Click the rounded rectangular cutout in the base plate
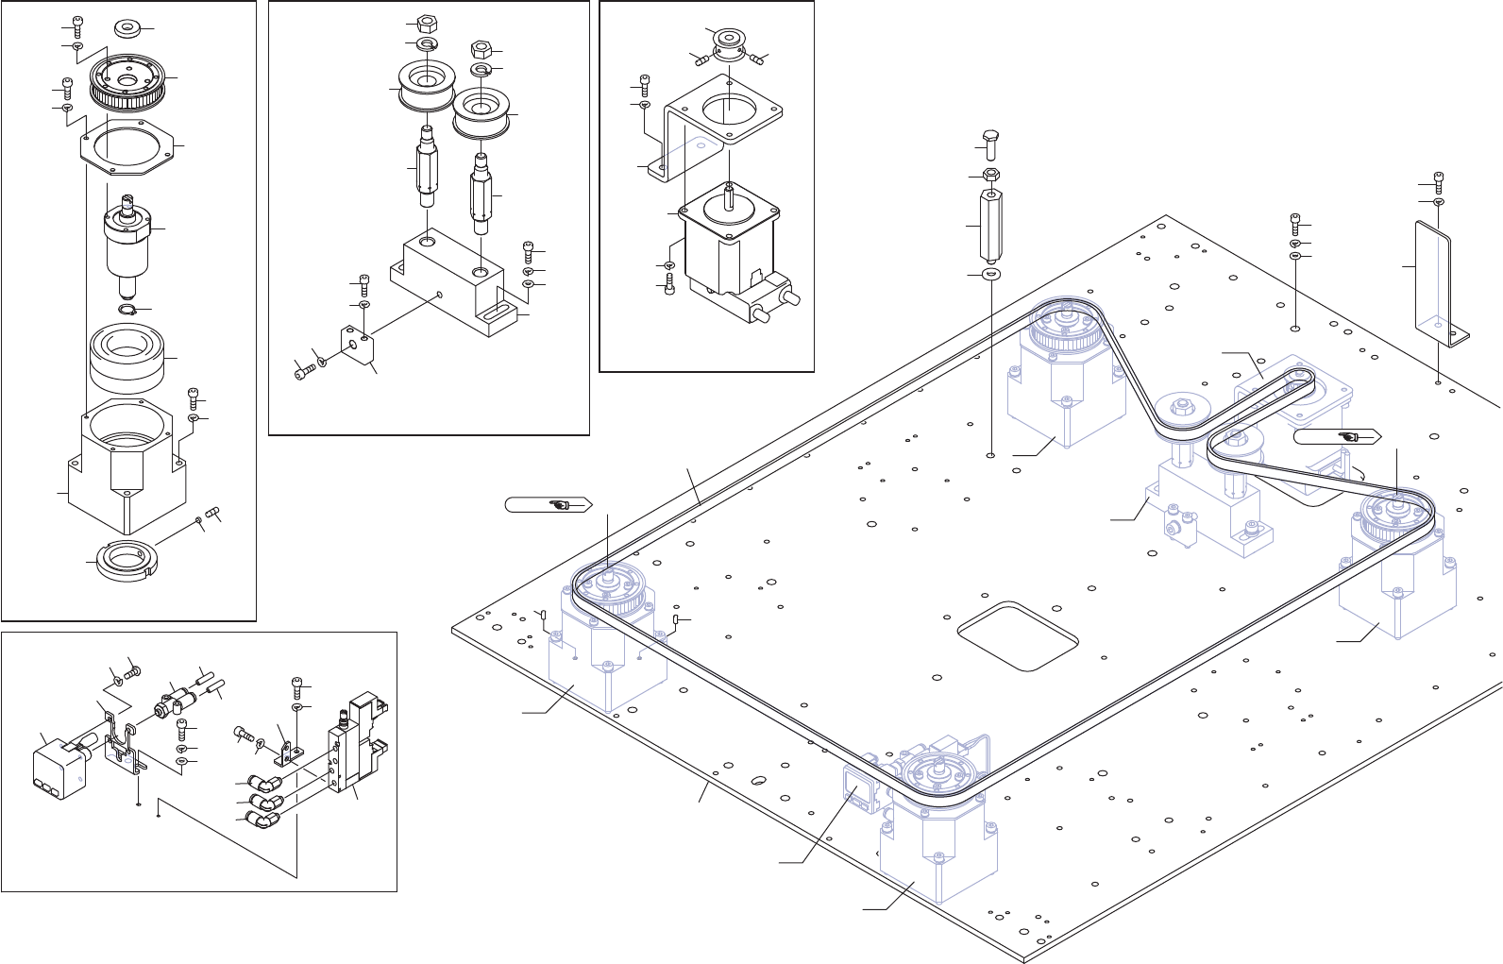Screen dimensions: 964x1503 click(1018, 636)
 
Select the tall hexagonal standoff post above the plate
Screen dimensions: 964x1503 click(991, 228)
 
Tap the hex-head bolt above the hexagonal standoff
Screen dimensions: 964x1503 click(989, 144)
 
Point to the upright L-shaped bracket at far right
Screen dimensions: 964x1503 click(1433, 279)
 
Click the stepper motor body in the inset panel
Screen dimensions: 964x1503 click(729, 241)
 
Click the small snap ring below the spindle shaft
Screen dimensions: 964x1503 click(129, 311)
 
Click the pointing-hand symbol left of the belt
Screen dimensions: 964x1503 click(560, 505)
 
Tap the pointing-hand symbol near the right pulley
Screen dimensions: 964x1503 click(1349, 437)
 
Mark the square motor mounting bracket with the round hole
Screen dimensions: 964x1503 click(722, 118)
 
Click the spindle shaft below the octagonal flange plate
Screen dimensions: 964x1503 click(127, 241)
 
